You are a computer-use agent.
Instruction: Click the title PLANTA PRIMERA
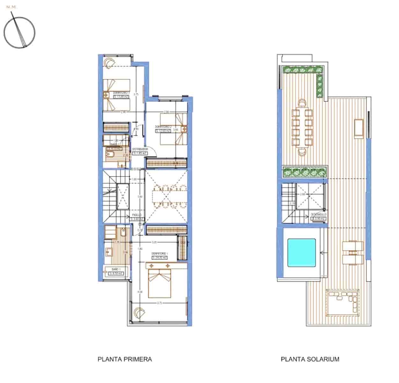click(x=125, y=359)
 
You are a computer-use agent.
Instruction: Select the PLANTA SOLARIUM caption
click(x=310, y=359)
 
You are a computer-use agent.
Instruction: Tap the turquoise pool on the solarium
click(x=301, y=252)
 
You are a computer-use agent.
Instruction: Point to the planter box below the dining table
click(x=305, y=172)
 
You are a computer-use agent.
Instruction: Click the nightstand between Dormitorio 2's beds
click(x=184, y=129)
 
